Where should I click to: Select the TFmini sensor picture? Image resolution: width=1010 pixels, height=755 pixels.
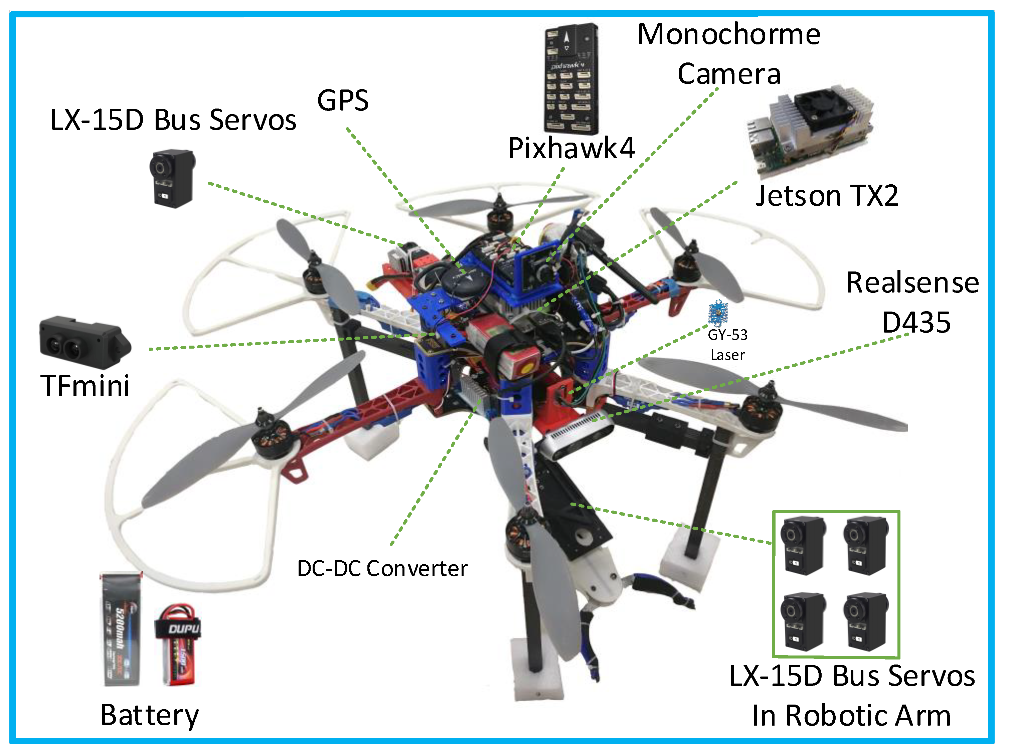[x=85, y=342]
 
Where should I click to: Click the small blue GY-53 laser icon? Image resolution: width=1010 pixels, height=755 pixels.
[x=718, y=313]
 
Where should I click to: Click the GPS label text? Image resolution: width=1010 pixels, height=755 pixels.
[x=342, y=101]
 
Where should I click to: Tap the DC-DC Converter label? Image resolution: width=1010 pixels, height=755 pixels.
[x=382, y=569]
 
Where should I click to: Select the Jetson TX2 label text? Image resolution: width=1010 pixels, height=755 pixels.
[x=826, y=196]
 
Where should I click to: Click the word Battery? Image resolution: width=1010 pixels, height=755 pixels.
[x=149, y=715]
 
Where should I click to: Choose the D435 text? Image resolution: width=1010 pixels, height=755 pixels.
[x=915, y=322]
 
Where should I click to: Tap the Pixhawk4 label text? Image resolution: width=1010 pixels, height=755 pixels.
[x=571, y=148]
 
